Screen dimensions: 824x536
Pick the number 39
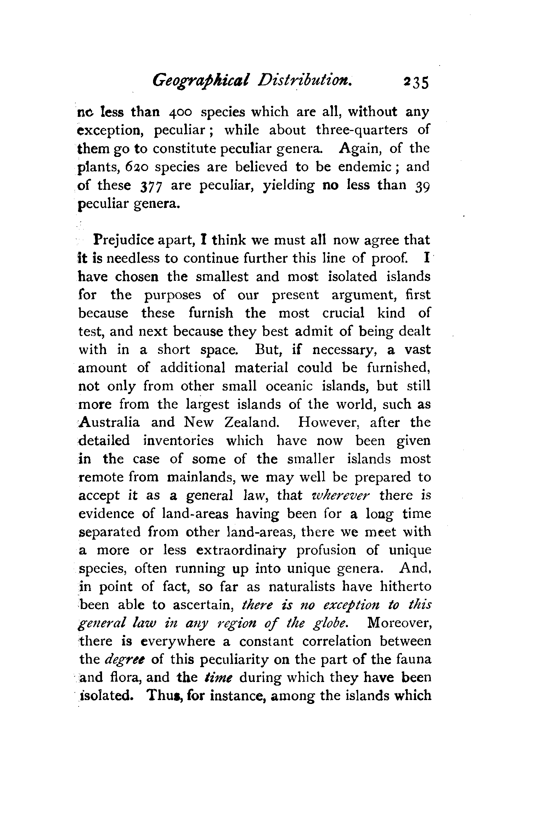click(x=422, y=186)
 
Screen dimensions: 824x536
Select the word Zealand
click(x=252, y=422)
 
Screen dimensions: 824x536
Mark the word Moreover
click(x=400, y=623)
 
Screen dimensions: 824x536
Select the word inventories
click(x=179, y=441)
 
